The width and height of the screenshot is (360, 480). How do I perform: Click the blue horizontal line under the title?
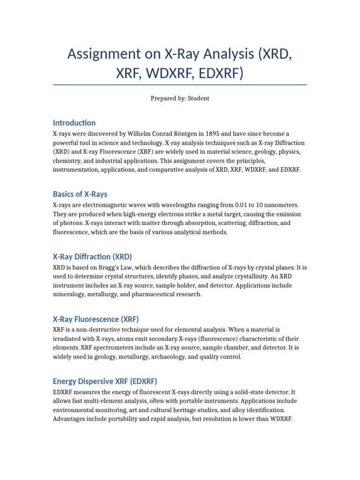pyautogui.click(x=180, y=85)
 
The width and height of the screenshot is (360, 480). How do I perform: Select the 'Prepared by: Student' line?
pyautogui.click(x=180, y=98)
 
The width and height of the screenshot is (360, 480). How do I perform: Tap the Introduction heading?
pyautogui.click(x=74, y=123)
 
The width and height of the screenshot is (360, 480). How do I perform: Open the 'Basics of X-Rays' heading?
pyautogui.click(x=80, y=194)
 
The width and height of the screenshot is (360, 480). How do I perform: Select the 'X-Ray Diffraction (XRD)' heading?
pyautogui.click(x=92, y=256)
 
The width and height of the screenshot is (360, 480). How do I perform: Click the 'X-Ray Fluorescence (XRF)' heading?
pyautogui.click(x=96, y=319)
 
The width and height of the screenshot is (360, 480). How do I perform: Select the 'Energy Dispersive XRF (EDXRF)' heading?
pyautogui.click(x=108, y=381)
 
